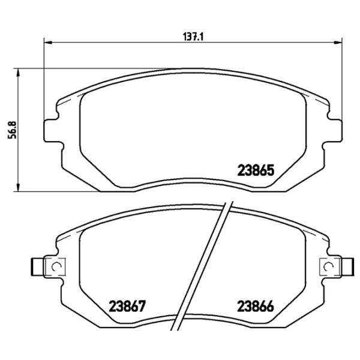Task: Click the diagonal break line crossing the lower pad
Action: [x=204, y=270]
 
